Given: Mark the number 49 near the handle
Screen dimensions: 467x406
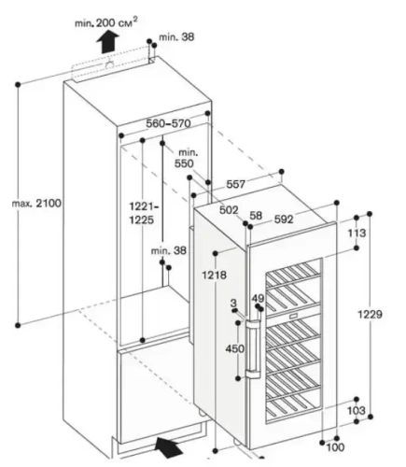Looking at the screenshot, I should click(259, 299).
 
